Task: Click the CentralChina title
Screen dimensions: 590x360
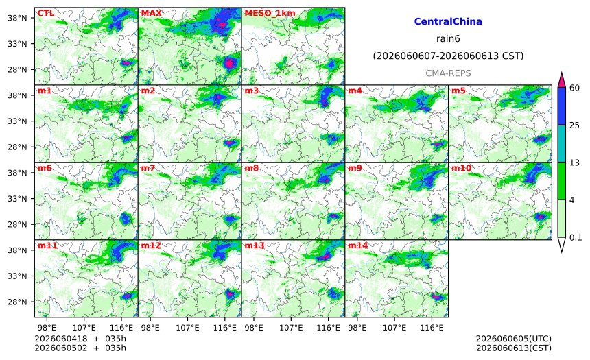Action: click(x=448, y=21)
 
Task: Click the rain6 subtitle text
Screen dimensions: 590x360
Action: click(x=448, y=39)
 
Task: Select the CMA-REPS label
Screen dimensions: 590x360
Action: click(x=448, y=73)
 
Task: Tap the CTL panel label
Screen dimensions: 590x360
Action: click(x=45, y=13)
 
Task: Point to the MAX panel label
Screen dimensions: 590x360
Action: click(x=151, y=13)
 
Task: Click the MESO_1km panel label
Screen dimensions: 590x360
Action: click(x=270, y=14)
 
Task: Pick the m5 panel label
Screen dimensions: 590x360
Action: click(x=458, y=91)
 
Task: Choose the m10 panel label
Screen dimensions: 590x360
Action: click(x=461, y=168)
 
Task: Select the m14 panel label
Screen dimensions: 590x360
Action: click(x=357, y=245)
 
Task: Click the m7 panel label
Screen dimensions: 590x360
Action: click(x=148, y=168)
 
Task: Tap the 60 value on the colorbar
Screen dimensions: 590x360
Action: click(x=575, y=88)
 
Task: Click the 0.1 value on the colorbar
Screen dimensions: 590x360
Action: click(x=576, y=237)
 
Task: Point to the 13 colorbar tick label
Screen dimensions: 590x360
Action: click(x=575, y=163)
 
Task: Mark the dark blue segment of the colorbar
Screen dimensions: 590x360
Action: click(x=561, y=106)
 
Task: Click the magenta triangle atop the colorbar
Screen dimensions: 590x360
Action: click(x=561, y=80)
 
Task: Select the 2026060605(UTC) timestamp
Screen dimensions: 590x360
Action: click(x=514, y=339)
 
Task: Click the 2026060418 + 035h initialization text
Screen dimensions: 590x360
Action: click(x=80, y=339)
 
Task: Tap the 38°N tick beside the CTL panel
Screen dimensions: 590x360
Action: click(x=17, y=18)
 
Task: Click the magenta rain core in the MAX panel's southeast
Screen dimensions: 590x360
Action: click(x=229, y=63)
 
